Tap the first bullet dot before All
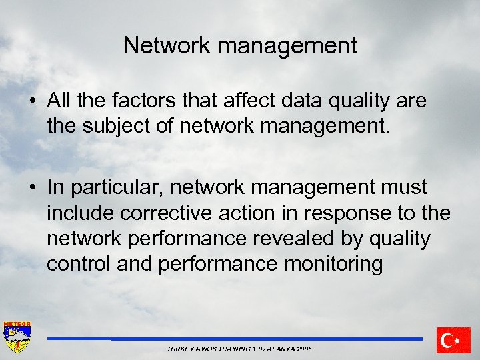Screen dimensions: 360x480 point(32,102)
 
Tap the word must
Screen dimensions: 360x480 point(399,188)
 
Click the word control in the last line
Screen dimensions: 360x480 point(79,264)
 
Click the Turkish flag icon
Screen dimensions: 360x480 point(453,340)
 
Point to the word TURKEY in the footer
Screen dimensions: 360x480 point(180,349)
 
